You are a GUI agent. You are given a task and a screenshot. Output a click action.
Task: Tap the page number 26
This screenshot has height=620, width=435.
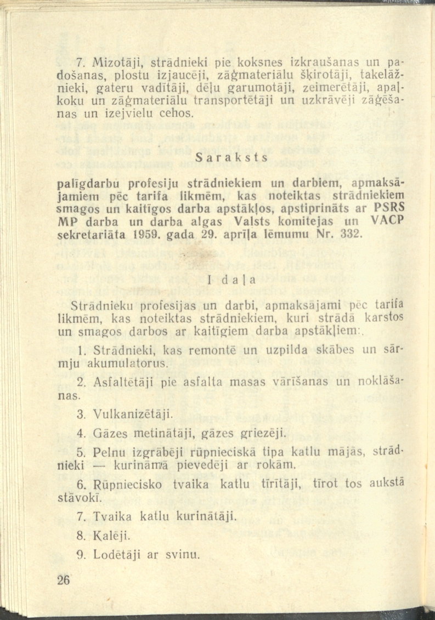click(64, 581)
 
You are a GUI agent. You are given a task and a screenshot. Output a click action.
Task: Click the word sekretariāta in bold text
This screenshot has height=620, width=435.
click(89, 236)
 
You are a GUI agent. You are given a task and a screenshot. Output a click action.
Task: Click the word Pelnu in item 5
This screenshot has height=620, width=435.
click(106, 453)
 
